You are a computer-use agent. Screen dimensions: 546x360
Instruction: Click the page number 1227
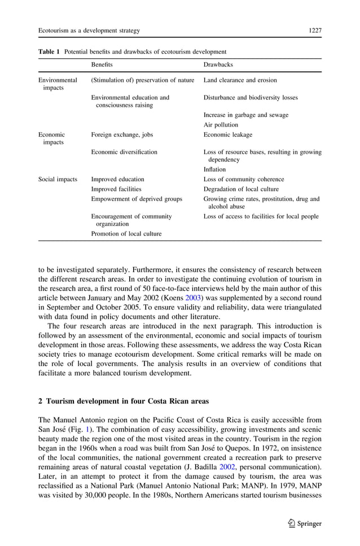coord(315,30)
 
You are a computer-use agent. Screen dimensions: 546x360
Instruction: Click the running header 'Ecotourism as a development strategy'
coord(89,30)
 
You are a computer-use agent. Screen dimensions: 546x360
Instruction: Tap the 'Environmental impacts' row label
coord(58,84)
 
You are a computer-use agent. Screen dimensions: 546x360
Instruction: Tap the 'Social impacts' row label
coord(58,180)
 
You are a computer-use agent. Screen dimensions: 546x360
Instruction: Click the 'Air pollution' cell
coord(221,125)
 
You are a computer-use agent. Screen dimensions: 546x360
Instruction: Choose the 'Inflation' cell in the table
coord(214,169)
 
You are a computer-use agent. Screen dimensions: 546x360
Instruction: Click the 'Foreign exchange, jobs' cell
coord(122,135)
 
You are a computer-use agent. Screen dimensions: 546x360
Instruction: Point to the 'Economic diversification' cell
coord(124,152)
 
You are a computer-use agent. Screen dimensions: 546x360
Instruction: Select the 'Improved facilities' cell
coord(116,189)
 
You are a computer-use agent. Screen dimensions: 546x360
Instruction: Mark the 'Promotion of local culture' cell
coord(126,233)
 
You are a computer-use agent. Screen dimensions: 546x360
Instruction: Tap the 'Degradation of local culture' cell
coord(241,189)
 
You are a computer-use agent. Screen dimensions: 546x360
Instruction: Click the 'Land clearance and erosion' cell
coord(240,80)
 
